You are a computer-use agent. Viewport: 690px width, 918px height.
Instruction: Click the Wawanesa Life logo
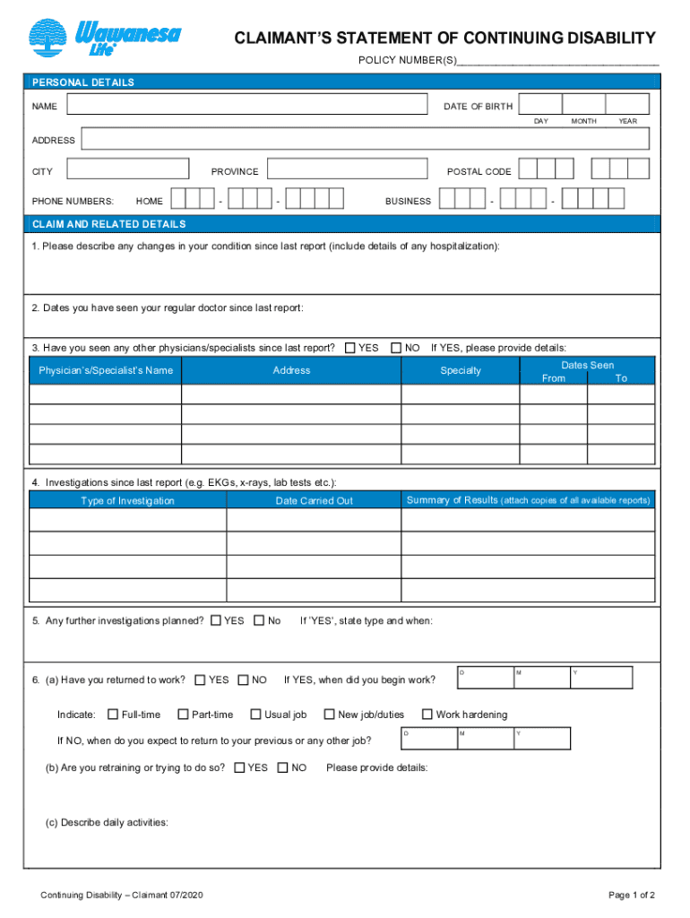pyautogui.click(x=104, y=39)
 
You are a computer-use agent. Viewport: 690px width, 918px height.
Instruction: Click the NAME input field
pyautogui.click(x=247, y=106)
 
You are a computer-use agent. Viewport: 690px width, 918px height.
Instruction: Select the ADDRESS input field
pyautogui.click(x=367, y=140)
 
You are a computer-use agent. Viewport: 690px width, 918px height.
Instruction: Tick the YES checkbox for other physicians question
pyautogui.click(x=350, y=348)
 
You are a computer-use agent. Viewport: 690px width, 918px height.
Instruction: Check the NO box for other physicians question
pyautogui.click(x=396, y=348)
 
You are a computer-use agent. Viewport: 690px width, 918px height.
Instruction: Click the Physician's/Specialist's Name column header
pyautogui.click(x=106, y=370)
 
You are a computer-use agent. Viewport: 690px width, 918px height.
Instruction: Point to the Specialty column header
pyautogui.click(x=461, y=370)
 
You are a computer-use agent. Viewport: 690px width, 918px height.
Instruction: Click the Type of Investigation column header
pyautogui.click(x=127, y=500)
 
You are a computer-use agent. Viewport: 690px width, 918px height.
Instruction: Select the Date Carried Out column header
pyautogui.click(x=314, y=500)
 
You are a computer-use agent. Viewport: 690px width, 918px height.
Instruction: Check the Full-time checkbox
pyautogui.click(x=113, y=714)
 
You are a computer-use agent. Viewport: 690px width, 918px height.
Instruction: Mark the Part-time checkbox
pyautogui.click(x=183, y=714)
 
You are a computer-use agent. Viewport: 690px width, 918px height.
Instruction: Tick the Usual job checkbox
pyautogui.click(x=256, y=714)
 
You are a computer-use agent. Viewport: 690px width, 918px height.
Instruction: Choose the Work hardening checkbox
pyautogui.click(x=427, y=714)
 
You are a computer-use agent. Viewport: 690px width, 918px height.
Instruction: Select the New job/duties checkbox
pyautogui.click(x=329, y=714)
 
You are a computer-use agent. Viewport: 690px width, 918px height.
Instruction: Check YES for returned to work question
pyautogui.click(x=200, y=680)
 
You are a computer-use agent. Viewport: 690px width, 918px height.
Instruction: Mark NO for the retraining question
pyautogui.click(x=283, y=767)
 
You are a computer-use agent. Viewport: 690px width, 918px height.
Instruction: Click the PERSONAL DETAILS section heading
pyautogui.click(x=83, y=82)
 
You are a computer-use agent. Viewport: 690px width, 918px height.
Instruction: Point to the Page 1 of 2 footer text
pyautogui.click(x=631, y=895)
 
